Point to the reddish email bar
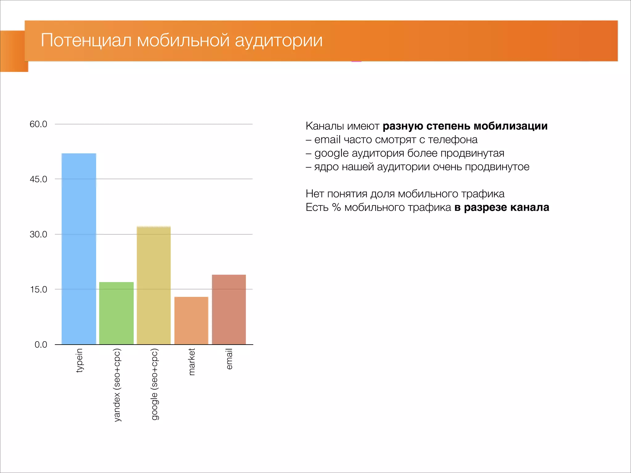(x=229, y=309)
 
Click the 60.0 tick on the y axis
(x=38, y=124)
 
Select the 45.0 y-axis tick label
(x=38, y=179)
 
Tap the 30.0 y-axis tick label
(x=38, y=234)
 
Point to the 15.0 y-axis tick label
(x=38, y=289)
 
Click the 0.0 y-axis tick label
(x=41, y=345)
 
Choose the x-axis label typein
(x=79, y=360)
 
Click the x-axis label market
(x=192, y=362)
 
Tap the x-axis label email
(x=229, y=359)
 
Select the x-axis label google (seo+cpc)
(x=154, y=384)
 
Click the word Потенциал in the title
(x=86, y=40)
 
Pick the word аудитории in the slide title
(x=279, y=40)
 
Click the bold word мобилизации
(x=510, y=126)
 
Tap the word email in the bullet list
(x=327, y=139)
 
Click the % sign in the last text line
(x=336, y=207)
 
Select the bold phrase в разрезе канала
(x=502, y=207)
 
